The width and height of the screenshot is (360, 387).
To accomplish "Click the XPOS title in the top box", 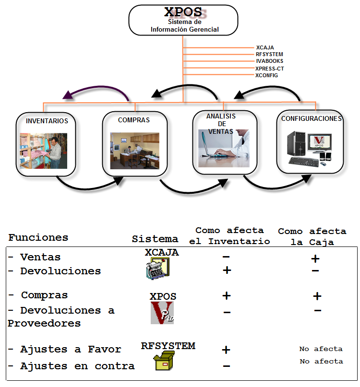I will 183,12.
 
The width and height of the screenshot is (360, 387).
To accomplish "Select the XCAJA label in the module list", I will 265,47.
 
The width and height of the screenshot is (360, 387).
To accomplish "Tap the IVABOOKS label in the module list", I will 269,61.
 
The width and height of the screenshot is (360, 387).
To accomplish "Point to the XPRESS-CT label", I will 270,69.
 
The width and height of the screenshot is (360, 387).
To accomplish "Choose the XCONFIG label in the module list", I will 266,75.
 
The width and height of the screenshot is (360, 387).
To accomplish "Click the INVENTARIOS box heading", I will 47,121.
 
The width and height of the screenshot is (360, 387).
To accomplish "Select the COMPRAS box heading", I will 134,120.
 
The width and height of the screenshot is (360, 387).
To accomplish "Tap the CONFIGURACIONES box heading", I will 312,118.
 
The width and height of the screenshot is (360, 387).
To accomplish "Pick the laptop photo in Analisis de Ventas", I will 225,148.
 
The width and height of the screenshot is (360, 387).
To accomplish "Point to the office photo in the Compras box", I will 135,151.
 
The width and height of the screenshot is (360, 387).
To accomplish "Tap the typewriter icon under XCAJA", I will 158,268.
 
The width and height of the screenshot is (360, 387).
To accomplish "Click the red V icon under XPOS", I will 162,313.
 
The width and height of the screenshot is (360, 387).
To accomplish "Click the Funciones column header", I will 38,237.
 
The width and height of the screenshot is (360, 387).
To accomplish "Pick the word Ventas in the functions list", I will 40,258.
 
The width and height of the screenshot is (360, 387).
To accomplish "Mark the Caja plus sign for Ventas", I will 315,259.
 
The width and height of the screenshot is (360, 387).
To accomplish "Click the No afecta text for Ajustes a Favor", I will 321,349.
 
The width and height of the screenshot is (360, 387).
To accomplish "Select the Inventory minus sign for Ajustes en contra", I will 227,366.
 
